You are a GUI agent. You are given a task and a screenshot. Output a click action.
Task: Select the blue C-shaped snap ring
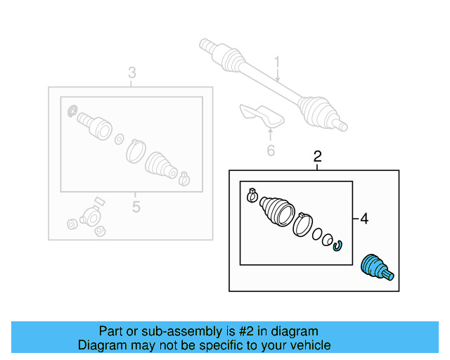(x=338, y=244)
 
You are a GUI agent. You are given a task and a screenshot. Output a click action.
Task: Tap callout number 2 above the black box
(x=317, y=156)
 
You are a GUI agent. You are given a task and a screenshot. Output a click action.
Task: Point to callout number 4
(x=364, y=219)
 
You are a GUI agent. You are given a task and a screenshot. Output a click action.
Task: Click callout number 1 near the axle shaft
(x=277, y=63)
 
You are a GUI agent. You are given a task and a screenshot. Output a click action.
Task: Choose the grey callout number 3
(x=131, y=73)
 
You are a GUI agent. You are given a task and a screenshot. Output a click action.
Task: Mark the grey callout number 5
(x=136, y=207)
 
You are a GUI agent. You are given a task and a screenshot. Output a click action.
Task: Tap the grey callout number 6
(x=271, y=150)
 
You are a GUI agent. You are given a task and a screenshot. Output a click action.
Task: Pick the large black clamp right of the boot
(x=303, y=224)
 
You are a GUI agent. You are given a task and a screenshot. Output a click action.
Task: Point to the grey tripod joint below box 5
(x=88, y=219)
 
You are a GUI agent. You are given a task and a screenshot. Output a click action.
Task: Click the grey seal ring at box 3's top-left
(x=72, y=111)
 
